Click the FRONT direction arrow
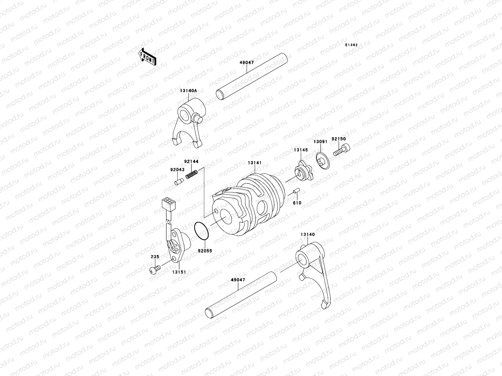[147, 56]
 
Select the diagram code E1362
[351, 45]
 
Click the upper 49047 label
[246, 63]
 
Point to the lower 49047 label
[238, 280]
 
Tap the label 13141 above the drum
[254, 163]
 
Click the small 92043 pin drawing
[179, 181]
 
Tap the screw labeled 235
[155, 268]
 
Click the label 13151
[179, 272]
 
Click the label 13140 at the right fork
[307, 234]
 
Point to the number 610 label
[297, 203]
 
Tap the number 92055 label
[205, 251]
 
